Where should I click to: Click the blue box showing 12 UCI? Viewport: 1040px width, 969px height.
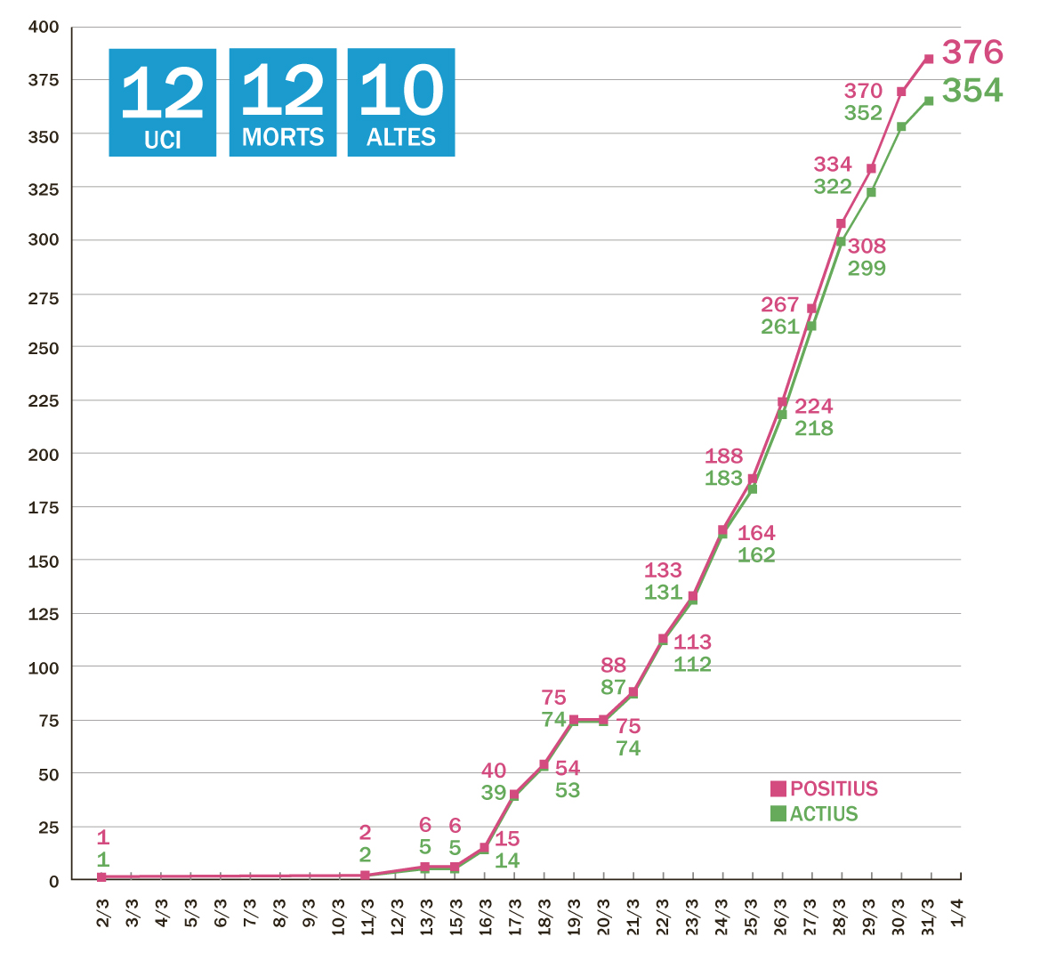point(163,102)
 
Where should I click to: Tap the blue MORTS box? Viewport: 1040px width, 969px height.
point(283,102)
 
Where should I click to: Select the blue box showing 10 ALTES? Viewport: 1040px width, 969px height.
point(401,102)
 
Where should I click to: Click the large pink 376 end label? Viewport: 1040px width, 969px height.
point(972,52)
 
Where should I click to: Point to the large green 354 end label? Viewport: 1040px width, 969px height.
point(972,91)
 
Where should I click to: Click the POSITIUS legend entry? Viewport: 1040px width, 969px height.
point(824,788)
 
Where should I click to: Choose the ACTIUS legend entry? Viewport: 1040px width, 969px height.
point(814,813)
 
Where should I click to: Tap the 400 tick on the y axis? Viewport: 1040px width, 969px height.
point(44,28)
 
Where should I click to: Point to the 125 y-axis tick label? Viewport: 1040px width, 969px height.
point(44,614)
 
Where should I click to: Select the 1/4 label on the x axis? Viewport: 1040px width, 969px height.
point(958,912)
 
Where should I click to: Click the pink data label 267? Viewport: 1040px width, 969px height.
point(780,304)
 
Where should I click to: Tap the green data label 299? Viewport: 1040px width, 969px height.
point(867,268)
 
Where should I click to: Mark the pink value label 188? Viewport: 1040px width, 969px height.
point(723,456)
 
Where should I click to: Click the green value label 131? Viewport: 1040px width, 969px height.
point(663,593)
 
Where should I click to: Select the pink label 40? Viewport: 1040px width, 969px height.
point(494,771)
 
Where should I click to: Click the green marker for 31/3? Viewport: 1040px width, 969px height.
point(929,101)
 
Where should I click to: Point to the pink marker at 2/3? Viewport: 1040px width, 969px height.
point(102,877)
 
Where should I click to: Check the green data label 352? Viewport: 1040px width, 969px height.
point(863,113)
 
